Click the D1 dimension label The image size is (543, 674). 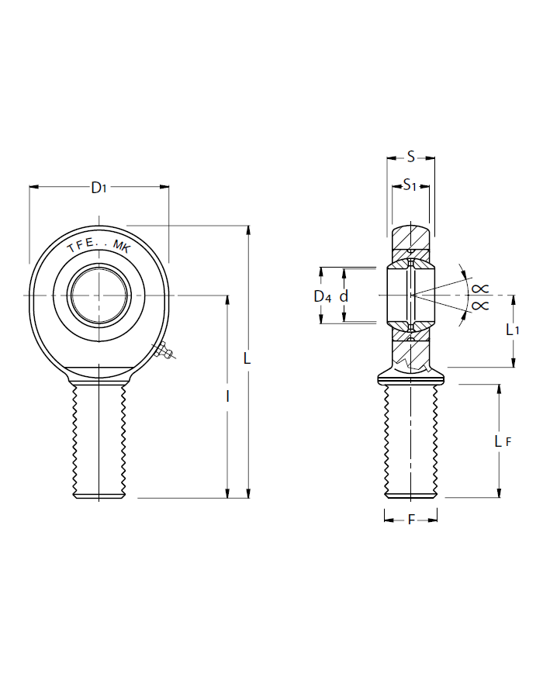[x=99, y=187]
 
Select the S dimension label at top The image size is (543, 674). [x=410, y=157]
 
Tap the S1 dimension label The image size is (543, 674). [x=410, y=185]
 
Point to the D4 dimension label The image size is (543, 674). [x=322, y=296]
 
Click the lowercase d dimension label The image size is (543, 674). [x=344, y=296]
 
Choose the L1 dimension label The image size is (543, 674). [x=512, y=330]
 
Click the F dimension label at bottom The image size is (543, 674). [x=410, y=520]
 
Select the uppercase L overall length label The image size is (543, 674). [x=247, y=359]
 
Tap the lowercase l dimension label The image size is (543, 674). [x=227, y=396]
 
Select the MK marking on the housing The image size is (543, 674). [x=123, y=247]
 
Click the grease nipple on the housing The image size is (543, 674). [x=164, y=353]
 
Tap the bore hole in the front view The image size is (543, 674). [x=99, y=295]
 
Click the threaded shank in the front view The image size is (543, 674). [x=99, y=442]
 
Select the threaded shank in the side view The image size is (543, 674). [x=410, y=442]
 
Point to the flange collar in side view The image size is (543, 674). [x=410, y=378]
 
